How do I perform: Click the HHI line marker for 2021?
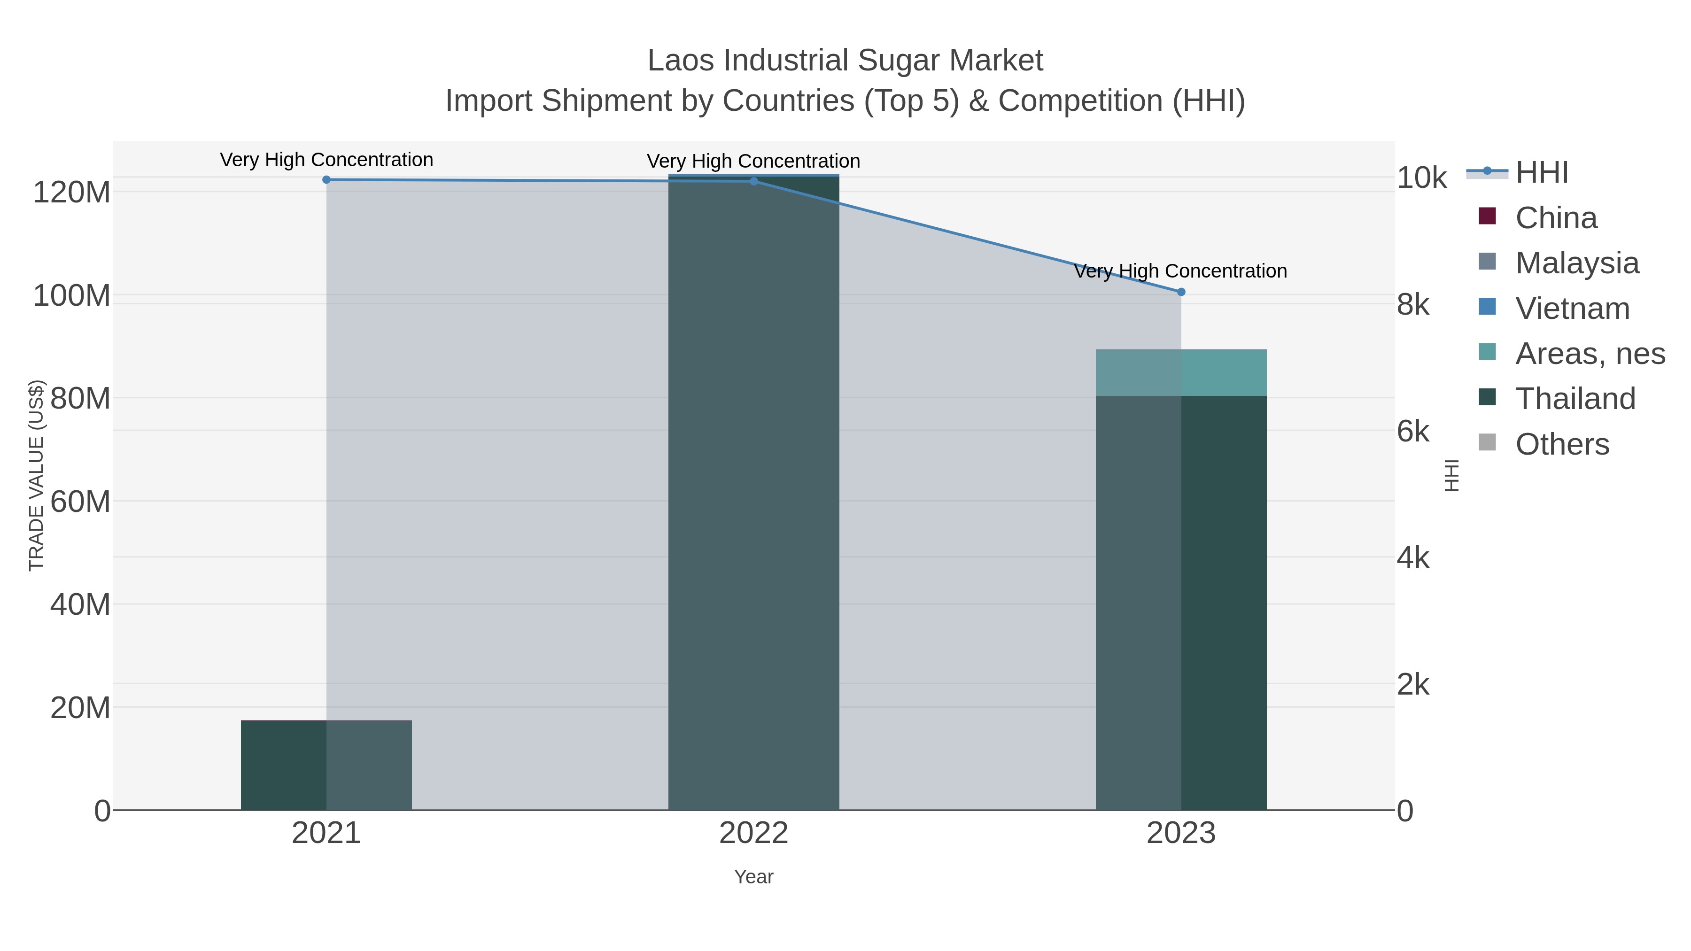tap(326, 180)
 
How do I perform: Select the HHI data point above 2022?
tap(753, 181)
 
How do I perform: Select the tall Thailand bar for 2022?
tap(753, 492)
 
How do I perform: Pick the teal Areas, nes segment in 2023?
tap(1181, 373)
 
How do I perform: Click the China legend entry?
tap(1555, 218)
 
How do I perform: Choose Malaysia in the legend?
tap(1576, 263)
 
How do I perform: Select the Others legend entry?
tap(1562, 444)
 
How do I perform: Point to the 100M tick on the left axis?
tap(71, 296)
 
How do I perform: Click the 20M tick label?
tap(80, 708)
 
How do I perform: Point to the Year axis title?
tap(753, 877)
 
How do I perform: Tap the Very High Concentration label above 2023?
tap(1180, 271)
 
